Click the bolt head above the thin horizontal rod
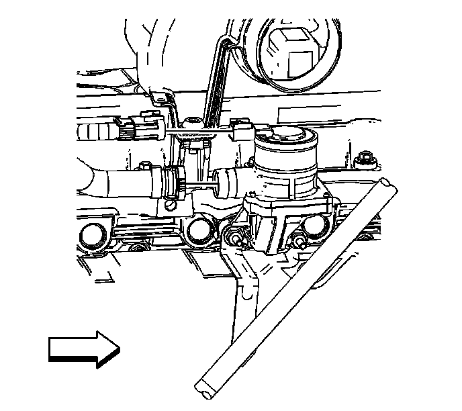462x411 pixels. (193, 122)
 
